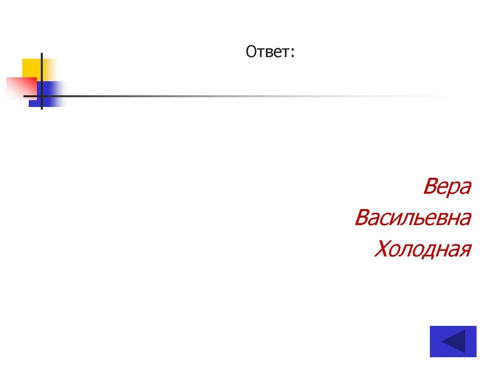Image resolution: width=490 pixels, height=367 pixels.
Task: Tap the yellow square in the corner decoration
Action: pyautogui.click(x=31, y=67)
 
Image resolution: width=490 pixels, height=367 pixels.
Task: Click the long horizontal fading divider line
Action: pyautogui.click(x=245, y=96)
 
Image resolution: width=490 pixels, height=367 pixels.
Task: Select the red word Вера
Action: pyautogui.click(x=447, y=187)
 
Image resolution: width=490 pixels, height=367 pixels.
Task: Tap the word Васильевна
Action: pyautogui.click(x=413, y=218)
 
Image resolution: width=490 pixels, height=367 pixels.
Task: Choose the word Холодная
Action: pyautogui.click(x=423, y=249)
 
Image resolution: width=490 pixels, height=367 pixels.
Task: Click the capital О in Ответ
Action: pyautogui.click(x=251, y=52)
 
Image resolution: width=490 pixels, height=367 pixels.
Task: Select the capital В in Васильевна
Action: pyautogui.click(x=362, y=218)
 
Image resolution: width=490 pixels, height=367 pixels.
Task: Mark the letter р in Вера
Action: pyautogui.click(x=454, y=189)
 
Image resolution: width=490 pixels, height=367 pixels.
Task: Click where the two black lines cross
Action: pyautogui.click(x=42, y=96)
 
